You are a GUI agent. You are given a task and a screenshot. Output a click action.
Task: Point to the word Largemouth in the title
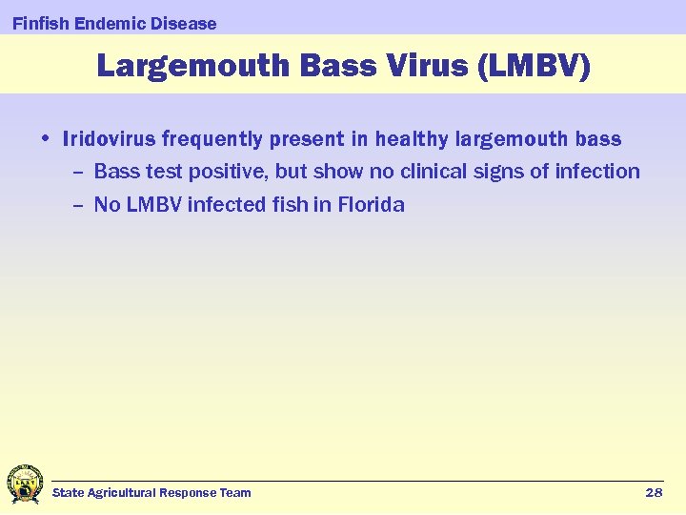192,66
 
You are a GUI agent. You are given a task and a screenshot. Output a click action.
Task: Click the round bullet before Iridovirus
47,139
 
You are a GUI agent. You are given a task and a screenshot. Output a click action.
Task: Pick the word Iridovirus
109,139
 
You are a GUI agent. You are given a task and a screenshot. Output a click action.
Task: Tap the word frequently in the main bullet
212,139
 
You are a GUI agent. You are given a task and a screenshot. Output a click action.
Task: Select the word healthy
411,139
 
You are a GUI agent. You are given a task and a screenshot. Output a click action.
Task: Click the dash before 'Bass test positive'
77,173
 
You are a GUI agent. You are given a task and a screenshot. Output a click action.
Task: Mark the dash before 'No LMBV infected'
77,205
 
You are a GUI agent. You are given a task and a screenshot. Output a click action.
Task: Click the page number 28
654,492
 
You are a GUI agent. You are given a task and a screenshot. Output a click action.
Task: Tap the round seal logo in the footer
24,484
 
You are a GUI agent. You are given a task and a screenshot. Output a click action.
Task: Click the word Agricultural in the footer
121,492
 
